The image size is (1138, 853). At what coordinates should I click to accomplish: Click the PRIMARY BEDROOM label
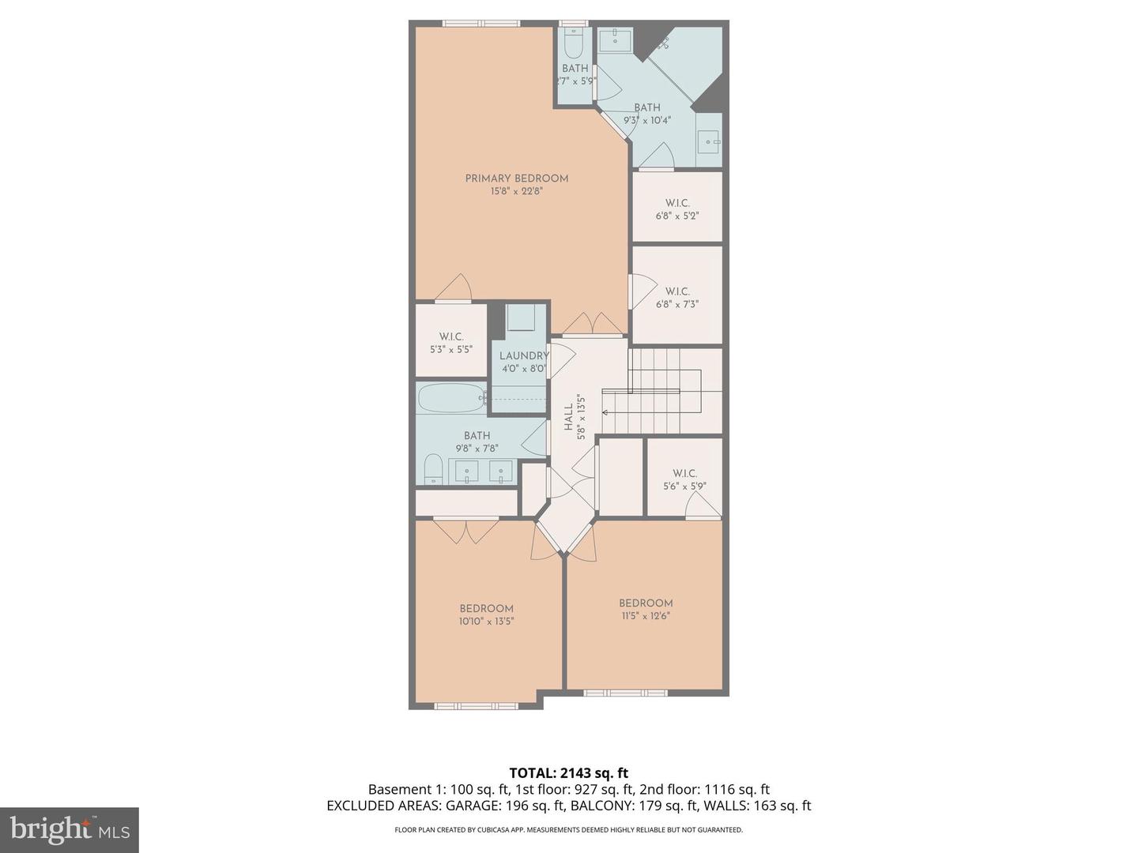(516, 178)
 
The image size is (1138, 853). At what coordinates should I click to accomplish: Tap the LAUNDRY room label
(523, 356)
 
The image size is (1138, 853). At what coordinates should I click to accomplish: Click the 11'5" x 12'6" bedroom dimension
(646, 616)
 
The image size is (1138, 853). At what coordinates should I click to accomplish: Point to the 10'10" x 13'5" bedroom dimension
(486, 621)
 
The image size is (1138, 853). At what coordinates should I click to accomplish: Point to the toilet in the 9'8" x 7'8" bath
(433, 469)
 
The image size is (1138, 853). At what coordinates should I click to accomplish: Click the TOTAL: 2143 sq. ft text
(568, 773)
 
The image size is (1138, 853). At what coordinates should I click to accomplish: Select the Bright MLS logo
(70, 829)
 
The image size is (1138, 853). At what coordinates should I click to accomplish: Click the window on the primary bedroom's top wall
(475, 24)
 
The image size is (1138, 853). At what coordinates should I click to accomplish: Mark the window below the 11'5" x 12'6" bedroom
(625, 693)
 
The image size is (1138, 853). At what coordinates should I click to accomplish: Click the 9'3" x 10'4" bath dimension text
(646, 121)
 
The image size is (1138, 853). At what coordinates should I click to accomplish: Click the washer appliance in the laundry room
(521, 318)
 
